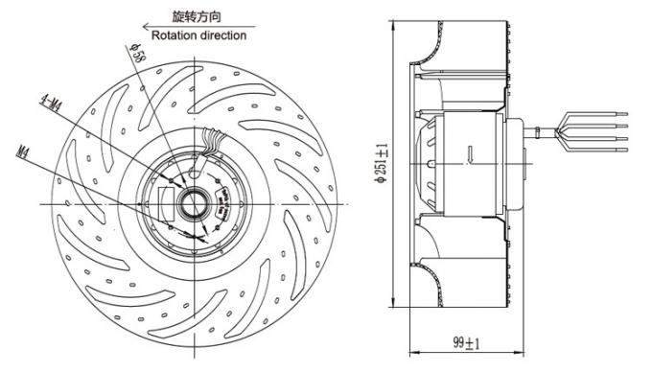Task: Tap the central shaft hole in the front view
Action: (192, 203)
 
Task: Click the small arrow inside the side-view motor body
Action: (469, 151)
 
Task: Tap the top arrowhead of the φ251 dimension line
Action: (393, 21)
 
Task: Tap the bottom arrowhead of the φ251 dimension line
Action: (393, 305)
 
